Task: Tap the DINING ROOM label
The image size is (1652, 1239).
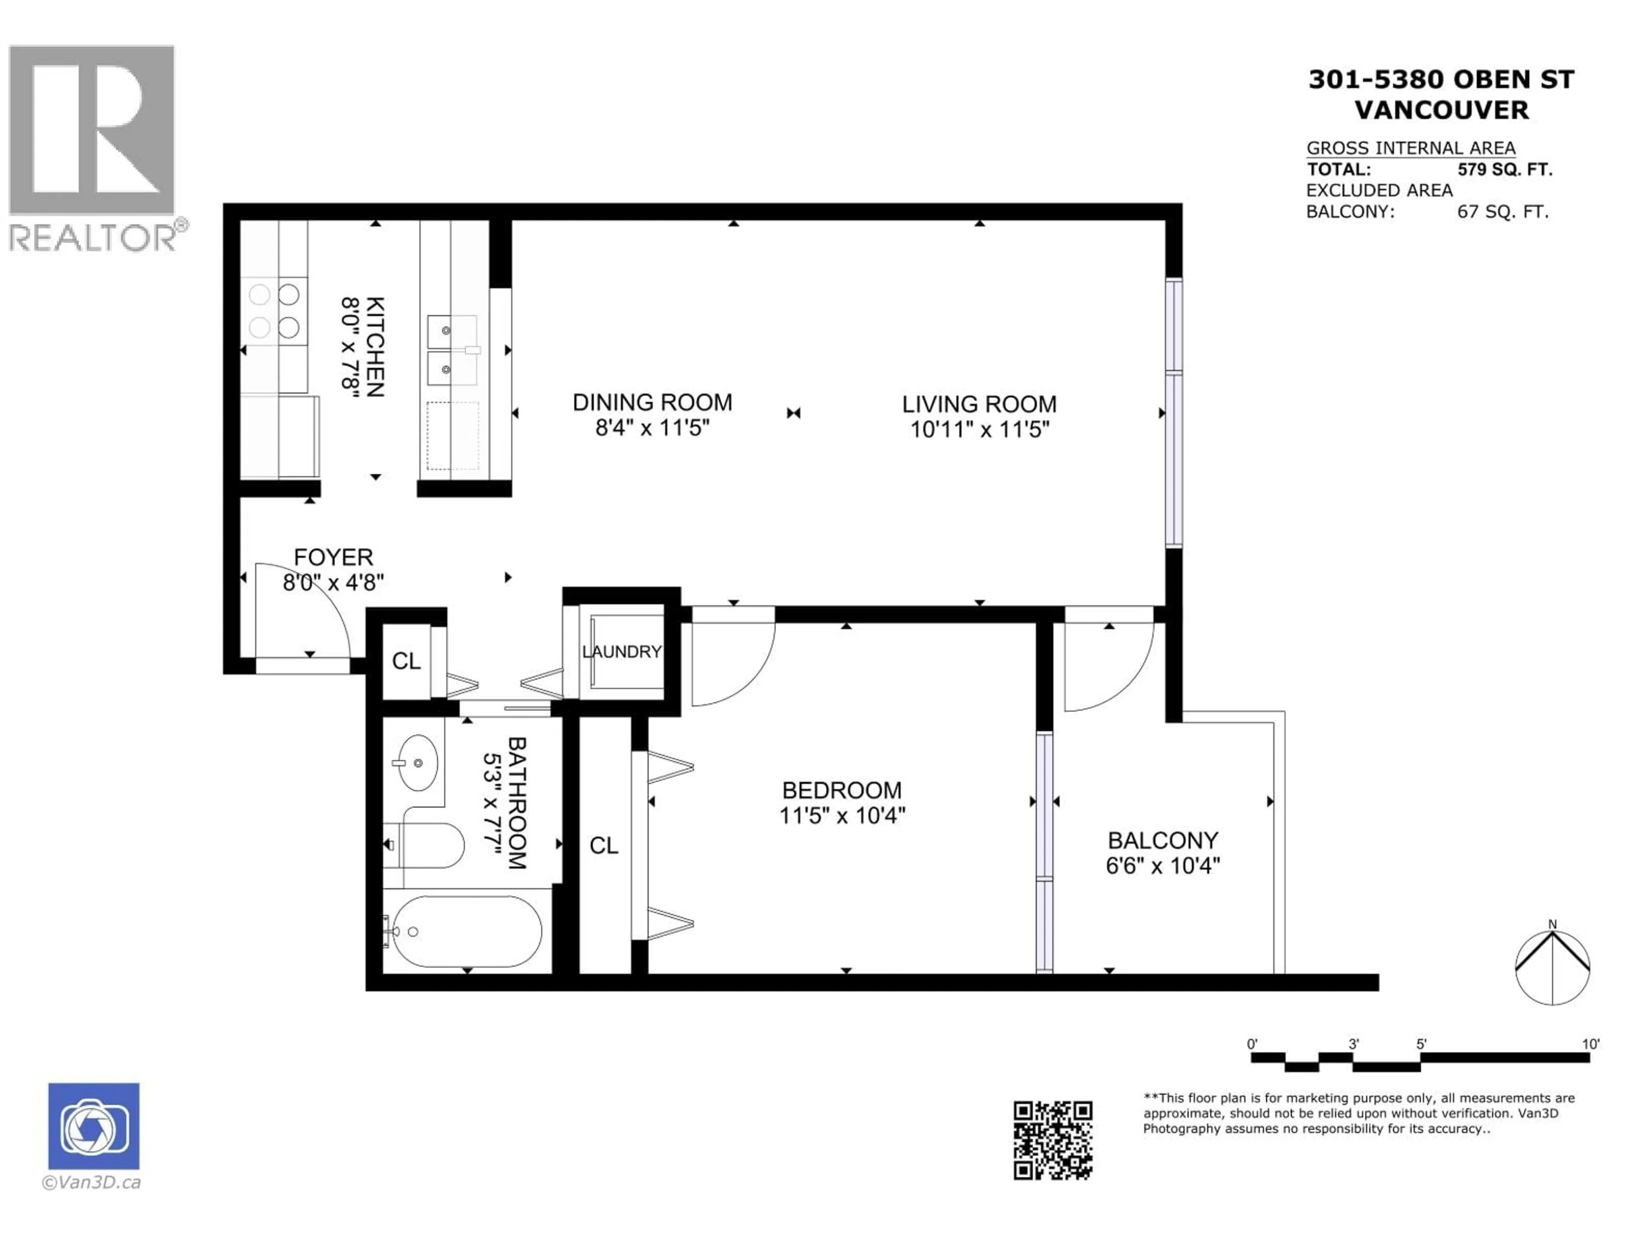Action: [x=652, y=403]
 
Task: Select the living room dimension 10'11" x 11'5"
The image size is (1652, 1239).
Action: [x=979, y=429]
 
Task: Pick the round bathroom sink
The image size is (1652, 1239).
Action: [x=417, y=762]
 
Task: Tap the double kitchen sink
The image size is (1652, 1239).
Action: [x=451, y=349]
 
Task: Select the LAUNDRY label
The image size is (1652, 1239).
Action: [x=621, y=651]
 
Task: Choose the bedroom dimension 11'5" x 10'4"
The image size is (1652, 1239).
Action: [x=841, y=815]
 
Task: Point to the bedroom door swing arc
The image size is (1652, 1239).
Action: [x=728, y=661]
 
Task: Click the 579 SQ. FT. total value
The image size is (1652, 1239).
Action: [x=1504, y=170]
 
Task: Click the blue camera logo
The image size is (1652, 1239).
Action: [x=93, y=1125]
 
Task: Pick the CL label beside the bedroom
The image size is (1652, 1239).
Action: [x=604, y=845]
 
